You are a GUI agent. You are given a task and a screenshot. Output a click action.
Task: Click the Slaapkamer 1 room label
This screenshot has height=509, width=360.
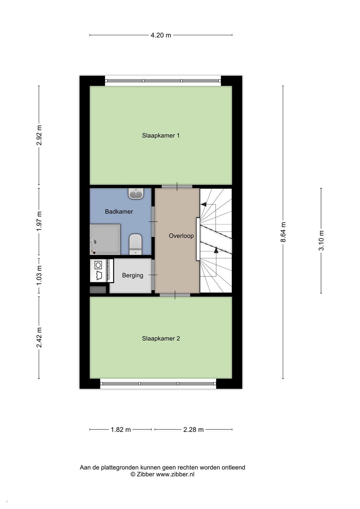[x=161, y=135]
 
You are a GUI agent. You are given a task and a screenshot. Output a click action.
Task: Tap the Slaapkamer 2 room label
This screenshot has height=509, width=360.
[x=161, y=338]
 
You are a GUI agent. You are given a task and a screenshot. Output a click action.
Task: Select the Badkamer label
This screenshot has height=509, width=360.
[x=119, y=212]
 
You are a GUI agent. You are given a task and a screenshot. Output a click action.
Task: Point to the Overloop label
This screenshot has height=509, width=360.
[x=181, y=236]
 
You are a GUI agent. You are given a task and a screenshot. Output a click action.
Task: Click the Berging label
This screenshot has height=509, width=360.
[x=133, y=275]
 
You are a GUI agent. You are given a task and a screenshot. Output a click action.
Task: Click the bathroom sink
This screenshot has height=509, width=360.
[x=136, y=194]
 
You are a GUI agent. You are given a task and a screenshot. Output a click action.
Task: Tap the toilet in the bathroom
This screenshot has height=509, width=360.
[x=135, y=244]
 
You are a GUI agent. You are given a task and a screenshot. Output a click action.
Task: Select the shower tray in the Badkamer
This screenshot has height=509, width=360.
[x=105, y=239]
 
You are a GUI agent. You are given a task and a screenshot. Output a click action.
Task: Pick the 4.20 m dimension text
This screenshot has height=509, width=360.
[x=161, y=35]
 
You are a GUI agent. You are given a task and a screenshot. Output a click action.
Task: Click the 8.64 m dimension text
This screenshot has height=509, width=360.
[x=283, y=232]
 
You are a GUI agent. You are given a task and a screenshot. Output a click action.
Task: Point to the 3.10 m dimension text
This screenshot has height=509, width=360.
[x=321, y=240]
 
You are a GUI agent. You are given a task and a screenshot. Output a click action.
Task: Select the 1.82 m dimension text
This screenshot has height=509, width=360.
[x=121, y=429]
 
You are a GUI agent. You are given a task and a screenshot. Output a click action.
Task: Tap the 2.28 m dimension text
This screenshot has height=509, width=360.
[x=193, y=429]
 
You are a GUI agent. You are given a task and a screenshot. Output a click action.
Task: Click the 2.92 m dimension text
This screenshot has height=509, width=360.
[x=39, y=135]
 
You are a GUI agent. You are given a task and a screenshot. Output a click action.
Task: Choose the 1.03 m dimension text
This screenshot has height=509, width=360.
[x=39, y=275]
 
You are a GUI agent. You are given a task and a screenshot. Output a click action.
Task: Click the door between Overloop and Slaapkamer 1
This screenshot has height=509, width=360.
[x=177, y=187]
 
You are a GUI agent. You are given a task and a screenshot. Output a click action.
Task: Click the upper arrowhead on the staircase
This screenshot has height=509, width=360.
[x=204, y=204]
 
